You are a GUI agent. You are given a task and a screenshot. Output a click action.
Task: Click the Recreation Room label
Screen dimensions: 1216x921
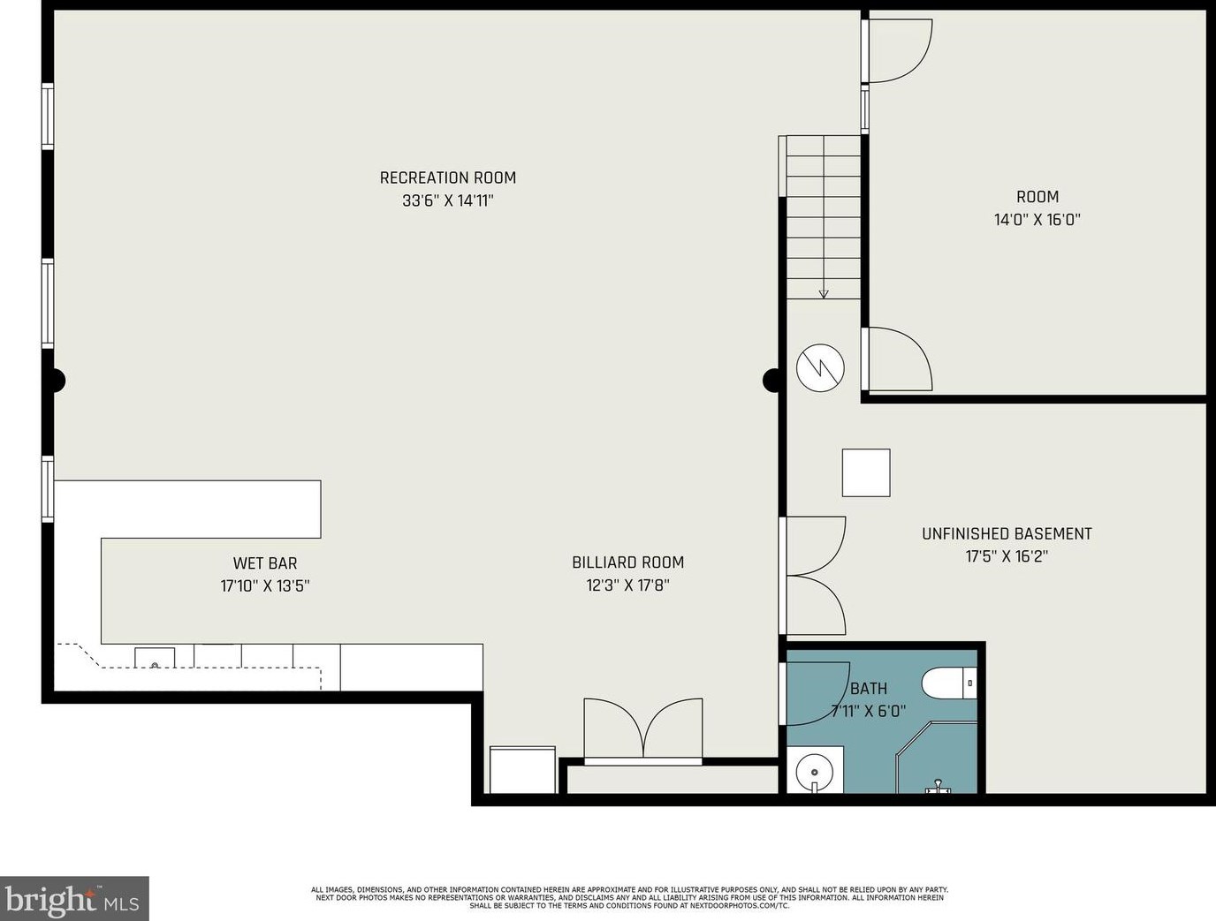448,177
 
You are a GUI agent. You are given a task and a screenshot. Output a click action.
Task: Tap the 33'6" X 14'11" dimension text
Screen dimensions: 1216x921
448,200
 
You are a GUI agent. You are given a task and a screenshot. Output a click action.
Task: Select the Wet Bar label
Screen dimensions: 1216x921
265,562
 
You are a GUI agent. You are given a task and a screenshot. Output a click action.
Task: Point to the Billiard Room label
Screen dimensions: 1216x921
627,562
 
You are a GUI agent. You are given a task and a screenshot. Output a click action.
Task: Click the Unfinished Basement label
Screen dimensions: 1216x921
1007,533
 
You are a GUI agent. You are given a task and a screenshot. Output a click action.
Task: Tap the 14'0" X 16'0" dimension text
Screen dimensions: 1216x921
1037,220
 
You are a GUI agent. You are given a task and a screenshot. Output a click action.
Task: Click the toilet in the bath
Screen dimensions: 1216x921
949,683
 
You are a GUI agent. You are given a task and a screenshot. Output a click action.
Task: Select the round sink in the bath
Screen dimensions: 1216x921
815,772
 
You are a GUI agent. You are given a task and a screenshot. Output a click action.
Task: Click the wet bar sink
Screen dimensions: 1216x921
156,658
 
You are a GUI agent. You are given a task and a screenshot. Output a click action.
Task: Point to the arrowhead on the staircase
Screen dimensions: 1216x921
824,294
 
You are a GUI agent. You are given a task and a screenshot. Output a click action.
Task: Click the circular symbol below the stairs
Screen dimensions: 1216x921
820,367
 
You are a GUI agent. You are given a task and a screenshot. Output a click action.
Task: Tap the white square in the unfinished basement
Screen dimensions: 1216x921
866,472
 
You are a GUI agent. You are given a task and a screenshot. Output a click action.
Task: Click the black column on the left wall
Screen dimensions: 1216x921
56,381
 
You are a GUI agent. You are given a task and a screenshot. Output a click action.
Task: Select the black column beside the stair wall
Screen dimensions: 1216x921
772,381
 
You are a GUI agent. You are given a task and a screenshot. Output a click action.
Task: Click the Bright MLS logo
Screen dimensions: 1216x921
74,898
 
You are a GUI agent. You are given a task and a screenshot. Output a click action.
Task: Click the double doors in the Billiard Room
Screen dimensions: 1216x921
643,730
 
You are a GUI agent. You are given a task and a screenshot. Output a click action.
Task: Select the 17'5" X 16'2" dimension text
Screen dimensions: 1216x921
1007,556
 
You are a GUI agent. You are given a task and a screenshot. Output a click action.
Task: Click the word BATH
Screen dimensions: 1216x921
868,689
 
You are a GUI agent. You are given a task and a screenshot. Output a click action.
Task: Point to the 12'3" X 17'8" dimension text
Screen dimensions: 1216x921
627,585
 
